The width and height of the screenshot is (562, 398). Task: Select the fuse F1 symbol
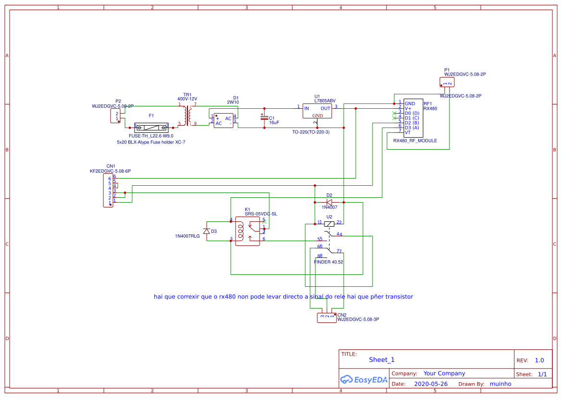pyautogui.click(x=151, y=128)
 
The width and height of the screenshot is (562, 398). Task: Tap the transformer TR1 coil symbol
pyautogui.click(x=187, y=116)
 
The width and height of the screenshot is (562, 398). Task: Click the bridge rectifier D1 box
pyautogui.click(x=224, y=120)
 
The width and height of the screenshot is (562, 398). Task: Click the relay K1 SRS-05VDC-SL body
pyautogui.click(x=247, y=231)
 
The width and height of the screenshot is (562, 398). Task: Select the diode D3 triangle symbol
pyautogui.click(x=207, y=231)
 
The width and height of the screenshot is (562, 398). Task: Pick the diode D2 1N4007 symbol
pyautogui.click(x=329, y=202)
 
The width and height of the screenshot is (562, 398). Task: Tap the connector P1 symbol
pyautogui.click(x=447, y=83)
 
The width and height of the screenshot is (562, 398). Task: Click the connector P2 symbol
pyautogui.click(x=116, y=116)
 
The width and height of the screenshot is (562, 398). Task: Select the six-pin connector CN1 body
pyautogui.click(x=108, y=191)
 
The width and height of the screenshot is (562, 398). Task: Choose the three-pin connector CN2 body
pyautogui.click(x=327, y=317)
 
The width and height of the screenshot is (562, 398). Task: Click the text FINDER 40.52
pyautogui.click(x=328, y=262)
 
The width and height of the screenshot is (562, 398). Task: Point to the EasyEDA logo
pyautogui.click(x=364, y=379)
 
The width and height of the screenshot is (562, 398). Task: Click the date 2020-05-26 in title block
pyautogui.click(x=430, y=384)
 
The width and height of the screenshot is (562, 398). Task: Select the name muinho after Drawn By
pyautogui.click(x=500, y=384)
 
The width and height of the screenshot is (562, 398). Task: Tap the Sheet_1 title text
pyautogui.click(x=382, y=359)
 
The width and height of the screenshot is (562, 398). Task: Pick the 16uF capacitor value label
pyautogui.click(x=274, y=123)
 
